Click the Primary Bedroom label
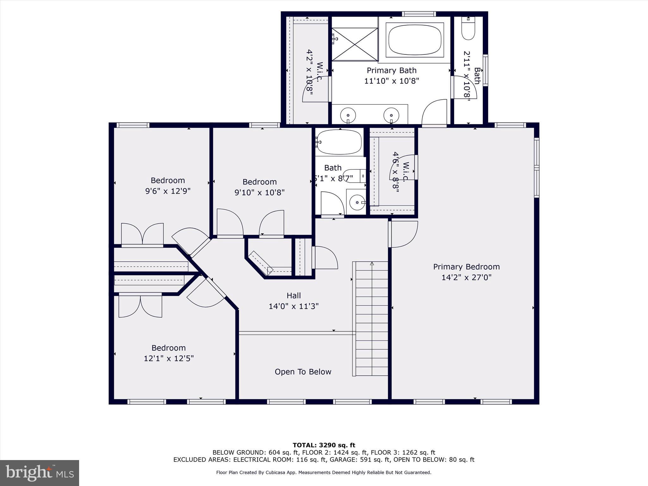click(466, 267)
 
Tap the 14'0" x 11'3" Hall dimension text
click(293, 306)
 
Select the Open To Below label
click(303, 372)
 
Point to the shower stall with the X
click(354, 44)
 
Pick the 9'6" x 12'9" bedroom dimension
click(168, 191)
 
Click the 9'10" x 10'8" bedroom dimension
click(259, 192)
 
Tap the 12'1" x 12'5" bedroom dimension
click(169, 358)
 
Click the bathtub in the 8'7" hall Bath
click(339, 142)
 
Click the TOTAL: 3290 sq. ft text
click(324, 445)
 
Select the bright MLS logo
click(40, 473)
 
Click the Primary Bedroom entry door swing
click(403, 234)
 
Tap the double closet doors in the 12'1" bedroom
click(140, 306)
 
